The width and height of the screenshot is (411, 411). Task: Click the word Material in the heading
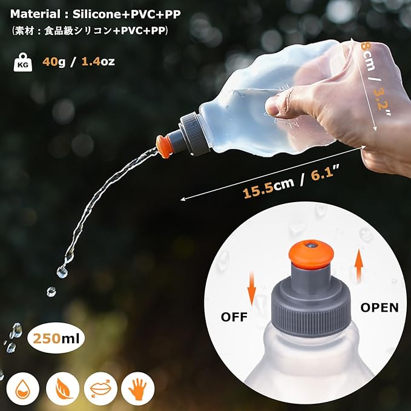pyautogui.click(x=35, y=14)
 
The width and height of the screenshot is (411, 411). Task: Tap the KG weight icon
pyautogui.click(x=23, y=62)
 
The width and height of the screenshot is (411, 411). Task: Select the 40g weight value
pyautogui.click(x=54, y=62)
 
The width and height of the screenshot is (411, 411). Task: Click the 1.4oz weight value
pyautogui.click(x=98, y=62)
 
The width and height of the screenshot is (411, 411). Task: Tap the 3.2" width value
pyautogui.click(x=382, y=102)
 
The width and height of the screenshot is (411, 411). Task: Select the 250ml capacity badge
pyautogui.click(x=56, y=338)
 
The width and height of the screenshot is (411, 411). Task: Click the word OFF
pyautogui.click(x=234, y=317)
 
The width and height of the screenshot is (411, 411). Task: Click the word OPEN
pyautogui.click(x=380, y=307)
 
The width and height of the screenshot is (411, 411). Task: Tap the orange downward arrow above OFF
pyautogui.click(x=252, y=288)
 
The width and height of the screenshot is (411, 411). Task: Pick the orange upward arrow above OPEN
pyautogui.click(x=359, y=265)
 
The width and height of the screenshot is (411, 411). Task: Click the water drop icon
pyautogui.click(x=23, y=389)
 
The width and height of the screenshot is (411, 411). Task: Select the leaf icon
pyautogui.click(x=62, y=389)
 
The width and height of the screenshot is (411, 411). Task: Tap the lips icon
pyautogui.click(x=100, y=389)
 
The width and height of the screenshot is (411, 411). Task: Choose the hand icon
pyautogui.click(x=137, y=389)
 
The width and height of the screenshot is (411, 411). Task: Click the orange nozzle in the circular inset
pyautogui.click(x=311, y=255)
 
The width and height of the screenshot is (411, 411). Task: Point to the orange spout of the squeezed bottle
pyautogui.click(x=163, y=146)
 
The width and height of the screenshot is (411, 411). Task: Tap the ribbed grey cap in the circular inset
pyautogui.click(x=311, y=307)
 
